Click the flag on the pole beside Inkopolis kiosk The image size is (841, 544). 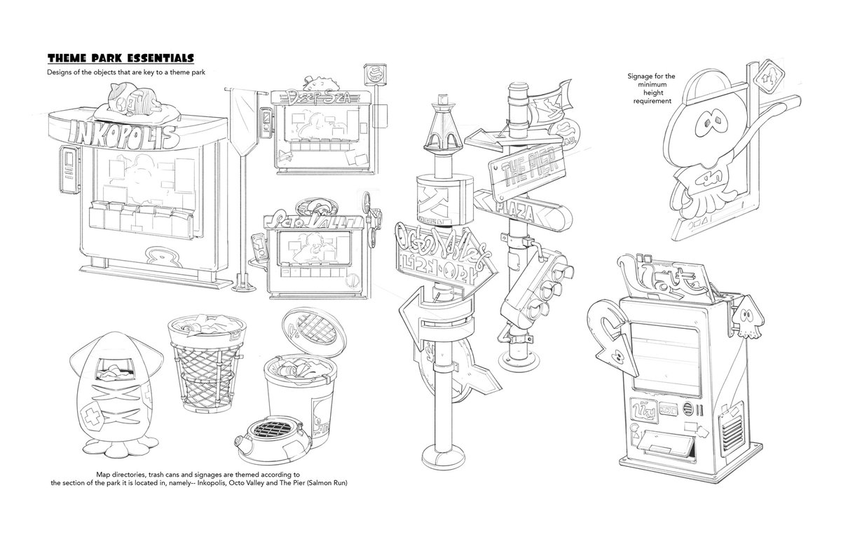[x=240, y=113]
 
